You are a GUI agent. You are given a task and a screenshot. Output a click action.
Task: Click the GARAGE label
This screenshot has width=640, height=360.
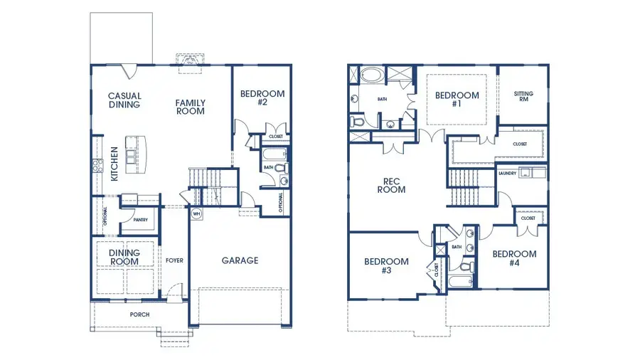pos(240,260)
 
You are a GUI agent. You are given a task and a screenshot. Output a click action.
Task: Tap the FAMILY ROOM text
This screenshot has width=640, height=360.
pos(191,107)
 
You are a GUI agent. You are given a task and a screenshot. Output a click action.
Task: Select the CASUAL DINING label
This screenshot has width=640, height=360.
pos(124,100)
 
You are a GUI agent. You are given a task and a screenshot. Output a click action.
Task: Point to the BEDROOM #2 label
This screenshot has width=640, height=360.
pos(262,98)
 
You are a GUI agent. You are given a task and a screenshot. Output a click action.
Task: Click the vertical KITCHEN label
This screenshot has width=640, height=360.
pos(114,163)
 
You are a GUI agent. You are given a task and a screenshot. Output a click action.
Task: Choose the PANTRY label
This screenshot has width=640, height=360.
pos(140,220)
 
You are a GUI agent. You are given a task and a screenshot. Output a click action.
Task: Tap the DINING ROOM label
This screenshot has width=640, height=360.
pos(124,258)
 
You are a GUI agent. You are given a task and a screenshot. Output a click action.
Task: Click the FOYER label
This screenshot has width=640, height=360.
pos(174,260)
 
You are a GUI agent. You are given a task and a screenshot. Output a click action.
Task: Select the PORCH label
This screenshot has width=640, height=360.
pos(139,314)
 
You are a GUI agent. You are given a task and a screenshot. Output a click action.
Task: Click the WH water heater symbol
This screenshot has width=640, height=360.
pos(197,213)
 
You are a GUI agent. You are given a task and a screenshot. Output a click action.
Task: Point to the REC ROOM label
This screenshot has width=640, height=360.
pos(391,185)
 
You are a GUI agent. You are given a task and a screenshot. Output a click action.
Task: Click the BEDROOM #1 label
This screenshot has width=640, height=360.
pos(457,100)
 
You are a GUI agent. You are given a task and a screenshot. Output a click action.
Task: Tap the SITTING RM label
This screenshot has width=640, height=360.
pos(523,97)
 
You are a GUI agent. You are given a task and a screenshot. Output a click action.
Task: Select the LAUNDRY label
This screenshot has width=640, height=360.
pos(507,173)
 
